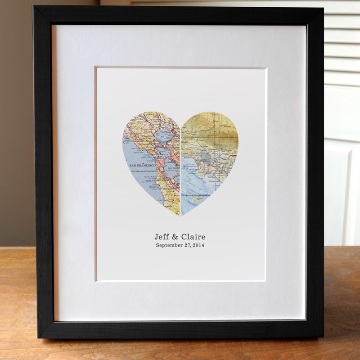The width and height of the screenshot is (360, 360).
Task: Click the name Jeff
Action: (x=162, y=237)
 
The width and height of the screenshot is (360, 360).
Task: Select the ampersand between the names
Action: (x=175, y=237)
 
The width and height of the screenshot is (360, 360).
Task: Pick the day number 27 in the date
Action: (x=186, y=245)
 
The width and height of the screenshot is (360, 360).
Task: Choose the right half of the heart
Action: (x=209, y=153)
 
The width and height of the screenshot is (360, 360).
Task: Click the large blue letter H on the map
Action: (x=184, y=167)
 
